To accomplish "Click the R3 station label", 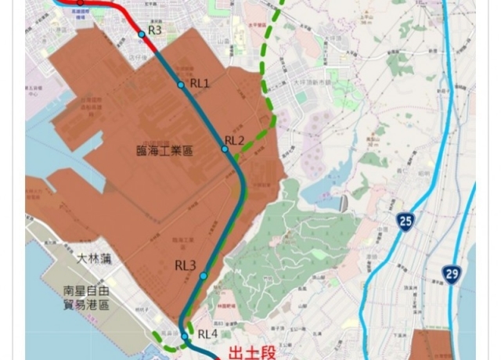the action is tap(155, 31).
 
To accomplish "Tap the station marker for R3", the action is tap(142, 34).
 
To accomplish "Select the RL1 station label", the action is tap(200, 83).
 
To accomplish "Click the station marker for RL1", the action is tap(181, 85).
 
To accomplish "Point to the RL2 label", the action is tap(235, 141).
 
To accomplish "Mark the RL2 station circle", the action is tap(225, 149).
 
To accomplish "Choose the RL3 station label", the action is tap(186, 266).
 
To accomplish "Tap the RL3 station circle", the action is tap(204, 275).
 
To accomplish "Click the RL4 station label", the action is tap(207, 334).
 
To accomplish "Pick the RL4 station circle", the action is tap(185, 337).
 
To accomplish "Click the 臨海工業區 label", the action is tap(164, 151).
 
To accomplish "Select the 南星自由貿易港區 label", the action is tap(86, 297).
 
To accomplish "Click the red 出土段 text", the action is tap(252, 352).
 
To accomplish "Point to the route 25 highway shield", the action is tap(405, 221).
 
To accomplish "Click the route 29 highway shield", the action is tap(451, 275).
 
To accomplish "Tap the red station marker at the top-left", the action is tap(80, 2).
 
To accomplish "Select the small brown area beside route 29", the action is tap(431, 344).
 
